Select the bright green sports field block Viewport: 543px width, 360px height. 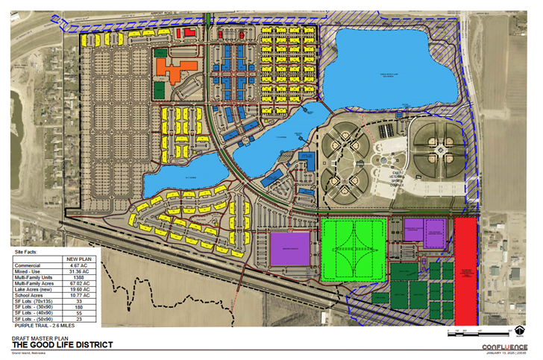(354, 250)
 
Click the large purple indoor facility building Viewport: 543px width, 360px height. (289, 248)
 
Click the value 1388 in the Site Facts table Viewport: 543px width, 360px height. (78, 277)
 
